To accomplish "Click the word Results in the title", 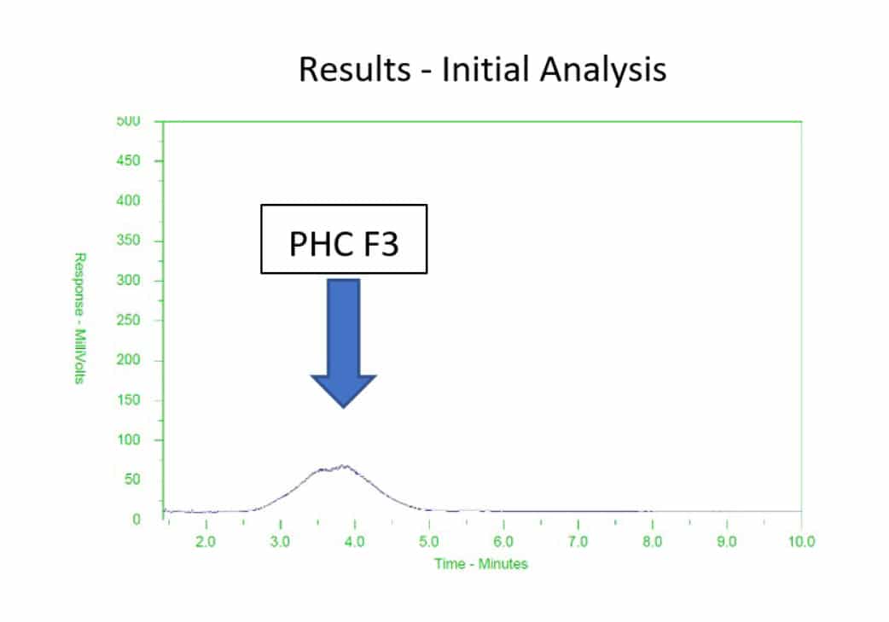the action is (354, 69).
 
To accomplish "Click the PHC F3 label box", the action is (344, 239).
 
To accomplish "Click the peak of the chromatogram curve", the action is (345, 466).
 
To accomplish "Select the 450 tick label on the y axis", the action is (128, 161).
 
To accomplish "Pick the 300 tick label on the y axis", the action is (128, 280).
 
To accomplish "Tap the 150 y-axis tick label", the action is (128, 400).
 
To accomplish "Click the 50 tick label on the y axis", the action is (132, 480).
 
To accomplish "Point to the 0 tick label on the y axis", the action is (136, 520).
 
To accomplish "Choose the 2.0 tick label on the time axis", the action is (206, 542).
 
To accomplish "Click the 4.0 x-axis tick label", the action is (354, 542).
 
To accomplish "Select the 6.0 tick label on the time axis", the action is (503, 542).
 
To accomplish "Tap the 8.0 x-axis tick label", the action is (653, 542).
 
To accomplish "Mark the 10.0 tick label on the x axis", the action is (802, 542).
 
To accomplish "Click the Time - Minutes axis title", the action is (481, 564).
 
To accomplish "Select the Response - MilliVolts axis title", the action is (80, 318).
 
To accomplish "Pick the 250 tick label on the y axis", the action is (128, 320).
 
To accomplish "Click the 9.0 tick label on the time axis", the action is (727, 542).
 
